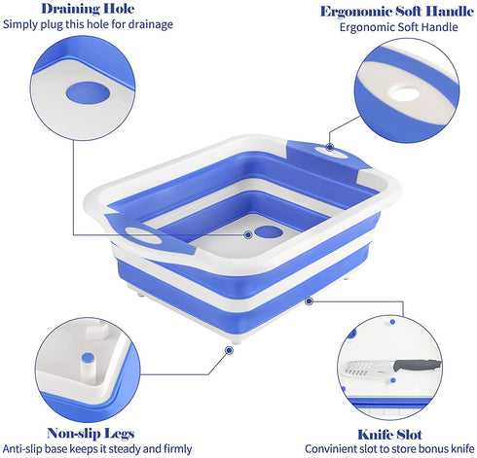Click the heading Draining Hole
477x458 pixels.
tap(88, 9)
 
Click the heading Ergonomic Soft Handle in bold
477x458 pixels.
tap(397, 12)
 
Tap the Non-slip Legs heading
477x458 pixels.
tap(91, 434)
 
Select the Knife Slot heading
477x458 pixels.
tap(389, 435)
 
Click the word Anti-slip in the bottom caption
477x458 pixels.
tap(22, 449)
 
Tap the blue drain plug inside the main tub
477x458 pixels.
tap(269, 231)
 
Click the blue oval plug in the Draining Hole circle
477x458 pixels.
tap(88, 92)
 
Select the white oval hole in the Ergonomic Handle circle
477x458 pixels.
tap(405, 94)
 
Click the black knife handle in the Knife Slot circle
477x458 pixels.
tap(418, 365)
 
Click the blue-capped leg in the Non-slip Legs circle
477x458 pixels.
tap(88, 362)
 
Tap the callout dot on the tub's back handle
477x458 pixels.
tap(330, 147)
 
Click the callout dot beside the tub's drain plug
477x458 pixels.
tap(248, 234)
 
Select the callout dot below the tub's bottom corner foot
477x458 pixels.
tap(229, 350)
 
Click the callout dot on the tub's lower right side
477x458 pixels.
tap(309, 301)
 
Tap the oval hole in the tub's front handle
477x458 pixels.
tap(143, 235)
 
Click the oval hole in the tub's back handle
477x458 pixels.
tap(331, 152)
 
